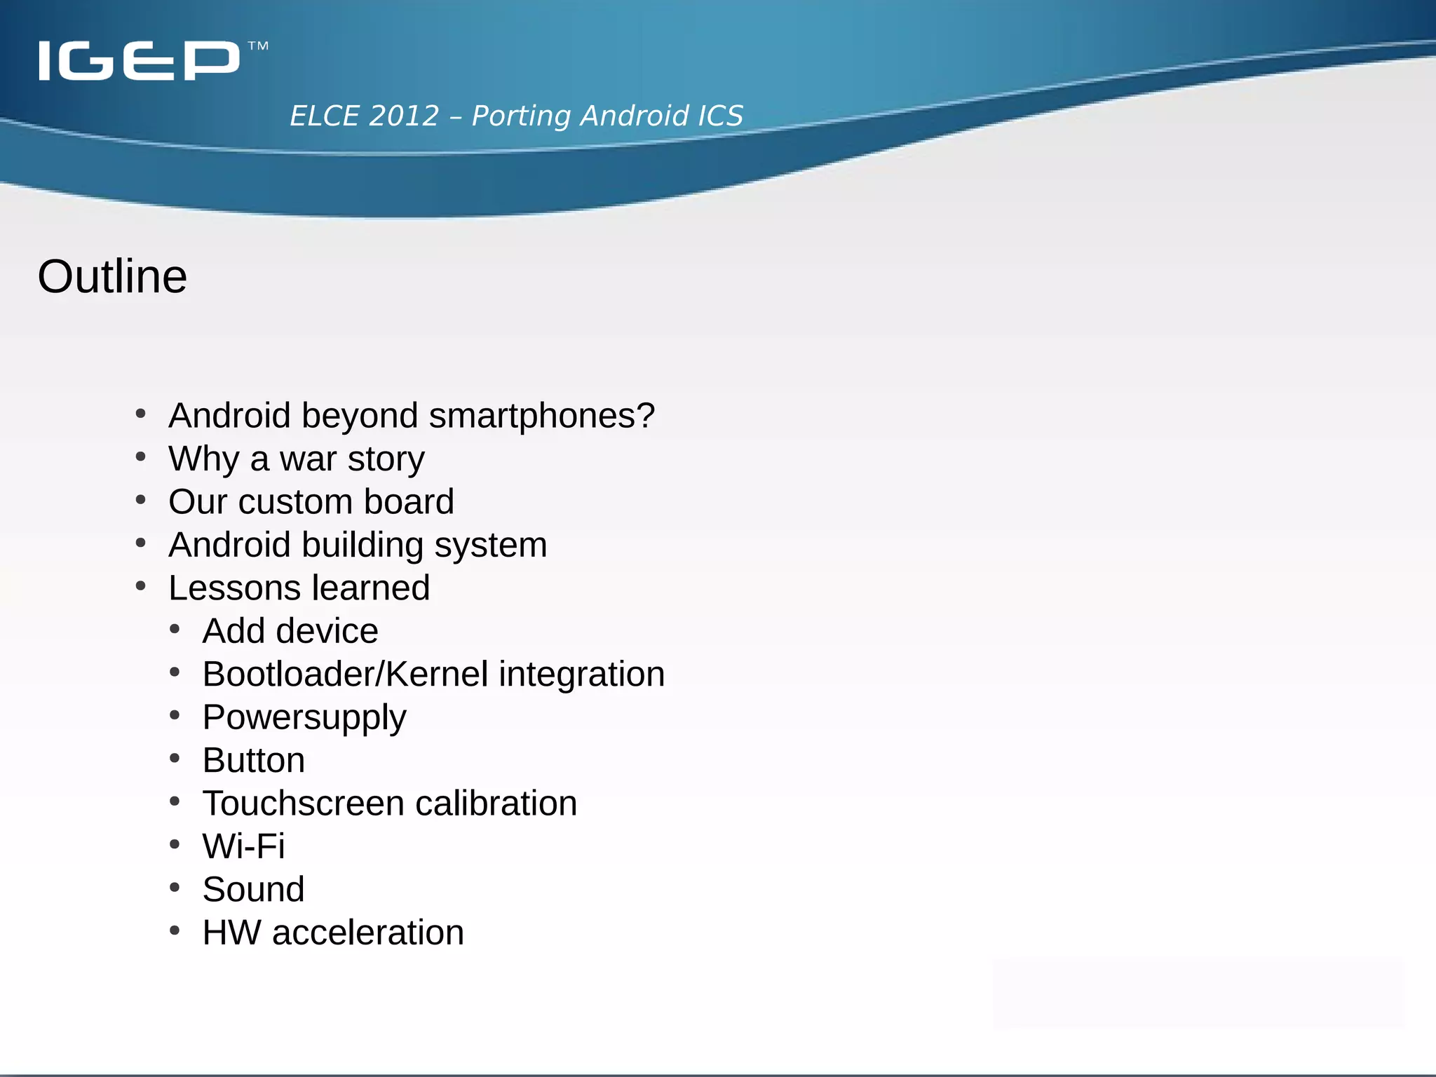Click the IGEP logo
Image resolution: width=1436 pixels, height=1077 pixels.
click(x=139, y=60)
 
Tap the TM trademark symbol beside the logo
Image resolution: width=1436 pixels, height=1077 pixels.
click(x=258, y=46)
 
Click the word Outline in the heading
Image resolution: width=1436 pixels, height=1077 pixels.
click(x=112, y=276)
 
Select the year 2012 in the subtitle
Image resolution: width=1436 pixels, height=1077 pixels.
click(x=404, y=116)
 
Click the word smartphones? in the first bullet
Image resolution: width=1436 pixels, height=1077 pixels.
click(x=542, y=416)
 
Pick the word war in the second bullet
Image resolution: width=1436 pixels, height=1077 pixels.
click(x=308, y=459)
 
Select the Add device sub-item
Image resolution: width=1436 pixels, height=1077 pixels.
click(x=290, y=631)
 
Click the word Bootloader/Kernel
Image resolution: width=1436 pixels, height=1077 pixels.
click(x=345, y=675)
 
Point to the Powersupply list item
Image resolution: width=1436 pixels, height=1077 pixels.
click(x=304, y=718)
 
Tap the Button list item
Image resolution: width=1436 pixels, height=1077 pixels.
click(x=254, y=761)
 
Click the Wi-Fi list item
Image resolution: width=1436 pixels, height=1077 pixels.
click(x=243, y=846)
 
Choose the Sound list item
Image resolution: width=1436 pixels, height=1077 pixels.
click(x=253, y=890)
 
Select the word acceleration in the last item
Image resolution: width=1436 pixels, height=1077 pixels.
click(x=368, y=933)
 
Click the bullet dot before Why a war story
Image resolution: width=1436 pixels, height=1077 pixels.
click(x=141, y=458)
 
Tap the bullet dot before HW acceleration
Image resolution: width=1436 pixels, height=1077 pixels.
click(x=175, y=931)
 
